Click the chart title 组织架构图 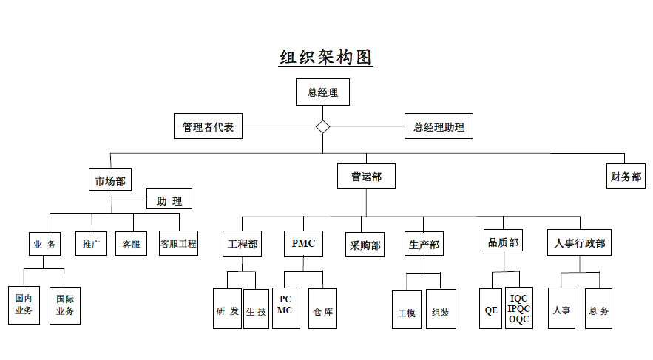tap(325, 58)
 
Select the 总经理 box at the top tap(322, 92)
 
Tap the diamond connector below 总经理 tap(322, 126)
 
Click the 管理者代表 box tap(208, 126)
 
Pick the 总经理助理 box tap(439, 126)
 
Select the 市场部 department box tap(110, 181)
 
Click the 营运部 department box tap(366, 177)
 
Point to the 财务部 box tap(626, 177)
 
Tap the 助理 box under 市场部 tap(169, 200)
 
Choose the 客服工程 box tap(179, 243)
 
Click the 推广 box tap(91, 243)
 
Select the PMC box tap(303, 243)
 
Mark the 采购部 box tap(364, 245)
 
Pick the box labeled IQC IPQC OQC tap(519, 308)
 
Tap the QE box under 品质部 tap(491, 310)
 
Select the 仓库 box tap(322, 310)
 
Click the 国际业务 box tap(65, 305)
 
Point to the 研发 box tap(227, 310)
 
